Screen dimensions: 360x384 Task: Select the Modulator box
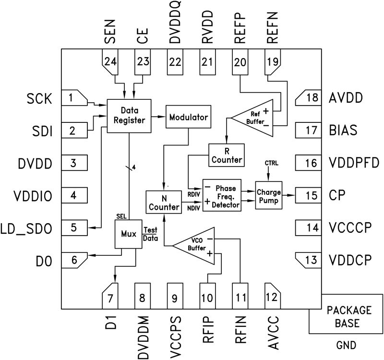coord(188,117)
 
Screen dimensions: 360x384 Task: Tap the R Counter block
coord(227,154)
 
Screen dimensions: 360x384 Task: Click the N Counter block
coord(163,202)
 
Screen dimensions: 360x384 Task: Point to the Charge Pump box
coord(268,195)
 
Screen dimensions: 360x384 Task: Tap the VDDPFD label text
coord(354,163)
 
